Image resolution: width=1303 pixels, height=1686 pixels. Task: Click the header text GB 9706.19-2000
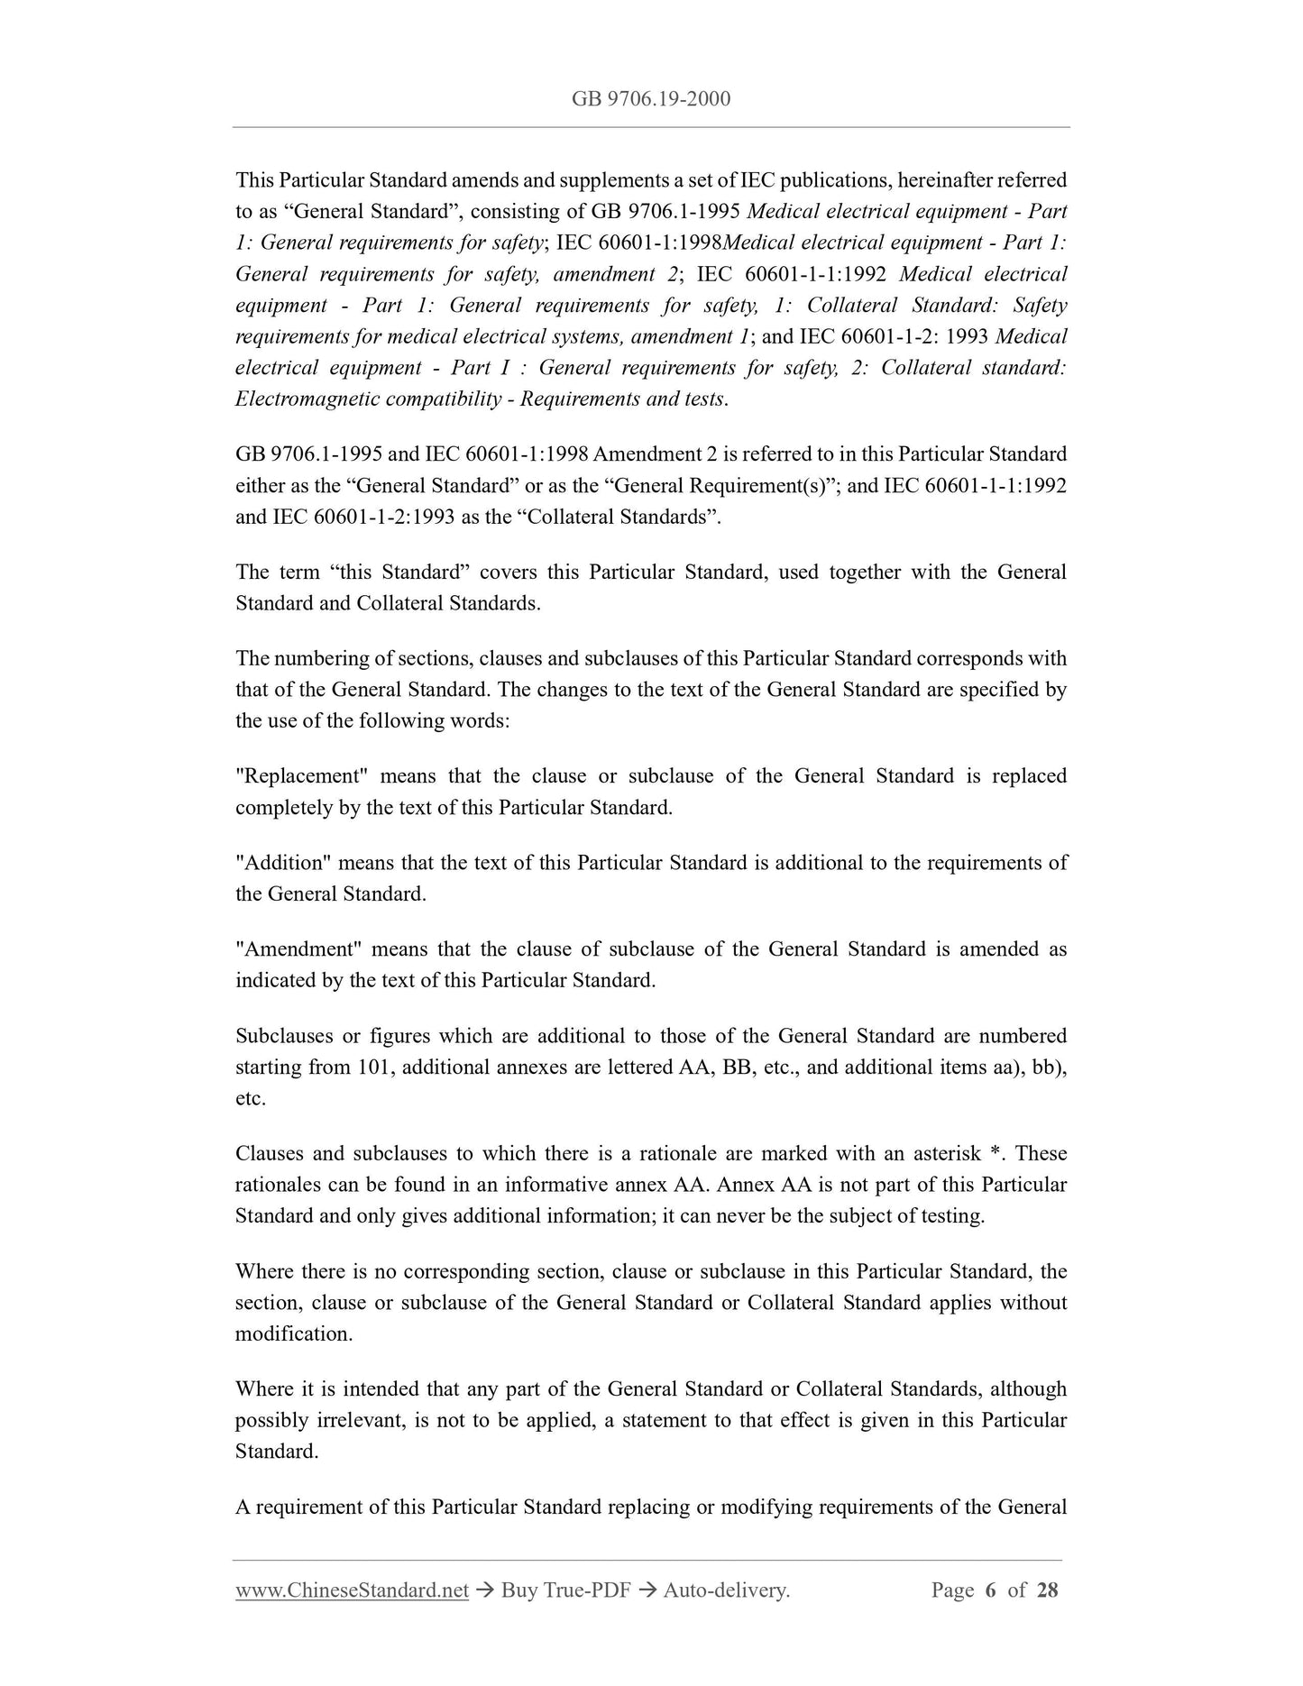pos(651,98)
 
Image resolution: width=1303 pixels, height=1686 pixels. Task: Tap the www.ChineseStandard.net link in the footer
pos(352,1590)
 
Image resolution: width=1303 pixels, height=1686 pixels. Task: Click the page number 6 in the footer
pos(990,1590)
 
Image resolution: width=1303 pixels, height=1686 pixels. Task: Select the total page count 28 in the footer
pos(1047,1590)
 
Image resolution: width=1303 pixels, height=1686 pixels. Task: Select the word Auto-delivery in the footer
pos(726,1590)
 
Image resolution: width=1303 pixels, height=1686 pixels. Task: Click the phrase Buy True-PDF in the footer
pos(565,1590)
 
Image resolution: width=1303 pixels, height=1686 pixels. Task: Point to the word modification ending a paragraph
pos(292,1334)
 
